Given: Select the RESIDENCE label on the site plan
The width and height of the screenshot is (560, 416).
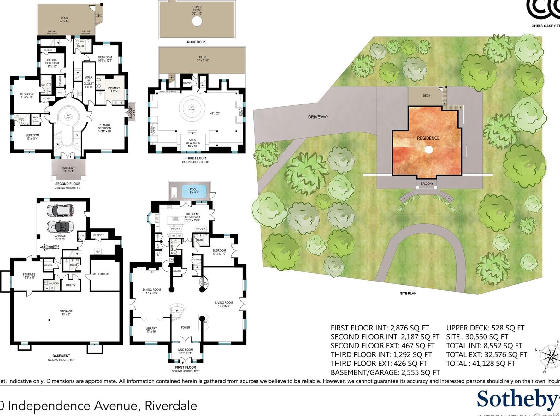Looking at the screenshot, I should tap(428, 138).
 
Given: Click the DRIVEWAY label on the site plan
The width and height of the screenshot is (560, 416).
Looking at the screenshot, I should tap(318, 117).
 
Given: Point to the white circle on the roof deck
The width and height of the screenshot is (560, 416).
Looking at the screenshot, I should tap(197, 21).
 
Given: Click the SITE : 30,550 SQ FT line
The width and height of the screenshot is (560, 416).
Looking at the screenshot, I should tap(477, 337).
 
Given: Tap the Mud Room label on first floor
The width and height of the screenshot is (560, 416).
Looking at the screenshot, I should tap(185, 351).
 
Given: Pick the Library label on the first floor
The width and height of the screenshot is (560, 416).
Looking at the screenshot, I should tap(151, 330).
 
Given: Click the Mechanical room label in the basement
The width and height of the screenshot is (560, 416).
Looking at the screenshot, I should tap(101, 274).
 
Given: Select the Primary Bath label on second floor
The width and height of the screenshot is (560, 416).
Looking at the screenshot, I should tap(114, 90).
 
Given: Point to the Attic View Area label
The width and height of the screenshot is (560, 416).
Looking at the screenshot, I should tap(192, 143).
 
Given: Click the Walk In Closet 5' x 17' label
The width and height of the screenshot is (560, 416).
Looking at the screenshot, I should tap(89, 82).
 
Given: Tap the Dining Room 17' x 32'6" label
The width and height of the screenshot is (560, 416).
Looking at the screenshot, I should tap(152, 291).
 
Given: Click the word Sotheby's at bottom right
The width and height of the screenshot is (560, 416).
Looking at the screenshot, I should tap(517, 399).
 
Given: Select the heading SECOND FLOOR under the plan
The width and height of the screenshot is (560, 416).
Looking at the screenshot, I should tap(68, 184).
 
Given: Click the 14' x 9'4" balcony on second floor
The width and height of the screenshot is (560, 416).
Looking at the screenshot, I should tap(68, 169).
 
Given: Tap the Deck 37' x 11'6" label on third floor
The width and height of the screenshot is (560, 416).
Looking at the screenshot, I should tap(203, 59).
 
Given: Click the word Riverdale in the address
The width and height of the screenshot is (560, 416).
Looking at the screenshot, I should tap(171, 406).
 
